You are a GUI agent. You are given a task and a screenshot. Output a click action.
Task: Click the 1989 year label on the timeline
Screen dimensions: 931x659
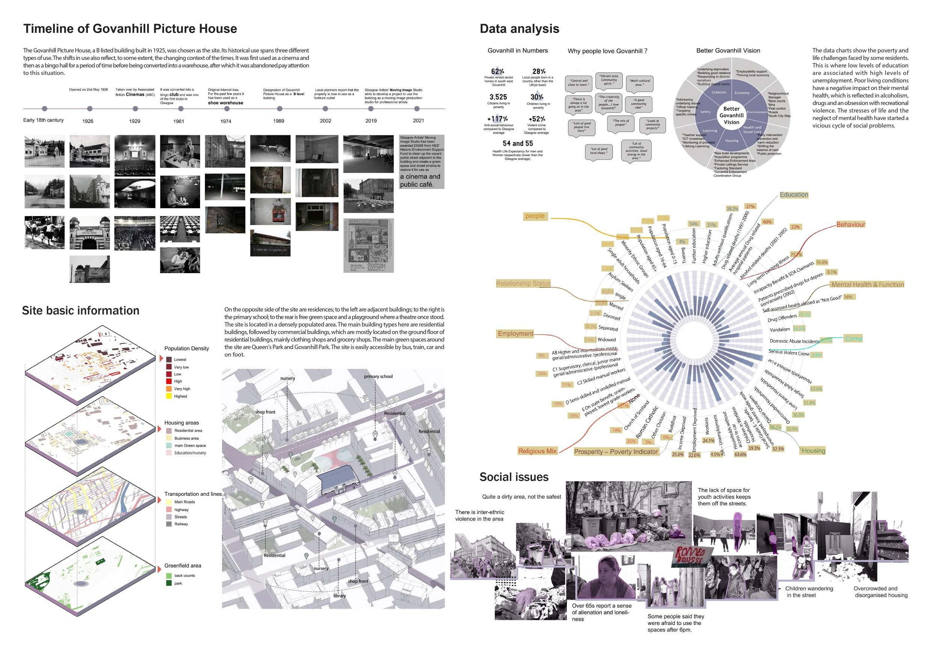278,121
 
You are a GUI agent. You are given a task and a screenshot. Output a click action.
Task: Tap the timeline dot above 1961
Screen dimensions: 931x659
181,109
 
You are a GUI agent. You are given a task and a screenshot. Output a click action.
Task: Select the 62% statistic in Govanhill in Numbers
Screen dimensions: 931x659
497,71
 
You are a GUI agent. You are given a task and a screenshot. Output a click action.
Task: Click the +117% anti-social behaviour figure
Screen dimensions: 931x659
497,119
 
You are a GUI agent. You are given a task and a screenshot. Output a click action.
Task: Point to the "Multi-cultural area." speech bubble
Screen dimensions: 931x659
639,83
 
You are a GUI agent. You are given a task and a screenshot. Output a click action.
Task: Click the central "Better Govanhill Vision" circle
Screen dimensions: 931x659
732,116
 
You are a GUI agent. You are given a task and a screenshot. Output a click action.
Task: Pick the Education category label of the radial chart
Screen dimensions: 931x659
794,195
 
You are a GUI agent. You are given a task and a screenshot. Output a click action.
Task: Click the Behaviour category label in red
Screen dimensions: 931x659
850,225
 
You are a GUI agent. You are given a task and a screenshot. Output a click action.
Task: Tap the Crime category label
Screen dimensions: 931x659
854,339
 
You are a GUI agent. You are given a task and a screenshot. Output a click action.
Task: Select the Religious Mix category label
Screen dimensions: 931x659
537,451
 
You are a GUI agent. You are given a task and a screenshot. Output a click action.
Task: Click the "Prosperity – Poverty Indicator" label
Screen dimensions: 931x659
616,452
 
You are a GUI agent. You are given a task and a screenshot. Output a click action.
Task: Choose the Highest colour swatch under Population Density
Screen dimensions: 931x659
169,396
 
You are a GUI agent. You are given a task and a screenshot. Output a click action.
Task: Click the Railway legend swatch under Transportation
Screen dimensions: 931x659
169,524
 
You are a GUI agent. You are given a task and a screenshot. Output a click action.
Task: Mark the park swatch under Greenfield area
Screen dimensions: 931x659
169,583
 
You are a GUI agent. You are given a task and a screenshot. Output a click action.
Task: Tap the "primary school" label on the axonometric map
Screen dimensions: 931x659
378,376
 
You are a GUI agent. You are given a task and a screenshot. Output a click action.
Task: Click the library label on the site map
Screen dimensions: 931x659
339,596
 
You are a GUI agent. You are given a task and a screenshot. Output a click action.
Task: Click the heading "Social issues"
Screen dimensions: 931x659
514,477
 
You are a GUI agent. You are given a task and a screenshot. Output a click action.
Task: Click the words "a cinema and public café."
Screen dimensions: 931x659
420,181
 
